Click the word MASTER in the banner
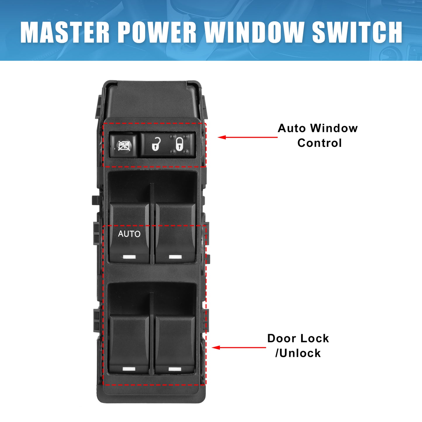point(65,32)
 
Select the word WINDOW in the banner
point(254,32)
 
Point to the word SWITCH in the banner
point(357,32)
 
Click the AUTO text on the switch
point(129,234)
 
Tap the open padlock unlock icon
point(156,144)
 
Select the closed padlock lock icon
point(179,144)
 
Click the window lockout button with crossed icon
point(123,145)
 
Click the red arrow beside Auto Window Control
point(247,137)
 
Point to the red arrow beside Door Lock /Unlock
point(239,348)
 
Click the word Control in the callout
point(319,143)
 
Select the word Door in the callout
point(282,338)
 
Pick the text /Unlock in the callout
point(298,353)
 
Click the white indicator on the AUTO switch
point(129,257)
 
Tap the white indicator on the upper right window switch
point(175,257)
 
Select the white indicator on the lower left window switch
point(129,369)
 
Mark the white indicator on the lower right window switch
point(175,369)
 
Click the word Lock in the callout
point(315,338)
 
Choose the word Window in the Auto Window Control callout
point(334,128)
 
